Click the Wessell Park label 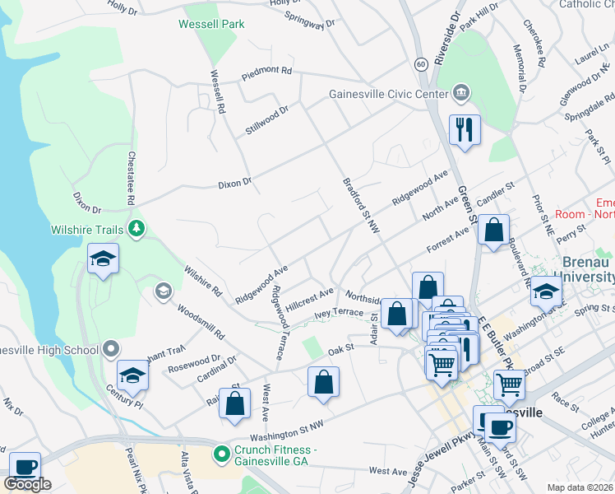click(212, 24)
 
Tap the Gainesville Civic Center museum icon click(461, 92)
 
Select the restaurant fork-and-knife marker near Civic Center click(465, 130)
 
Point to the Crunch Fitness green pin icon click(220, 454)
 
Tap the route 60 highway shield click(420, 63)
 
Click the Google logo click(27, 484)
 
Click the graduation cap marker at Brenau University click(545, 291)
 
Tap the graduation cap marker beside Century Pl click(132, 375)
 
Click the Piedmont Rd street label click(266, 74)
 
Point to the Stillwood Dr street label click(267, 120)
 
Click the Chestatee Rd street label click(131, 178)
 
